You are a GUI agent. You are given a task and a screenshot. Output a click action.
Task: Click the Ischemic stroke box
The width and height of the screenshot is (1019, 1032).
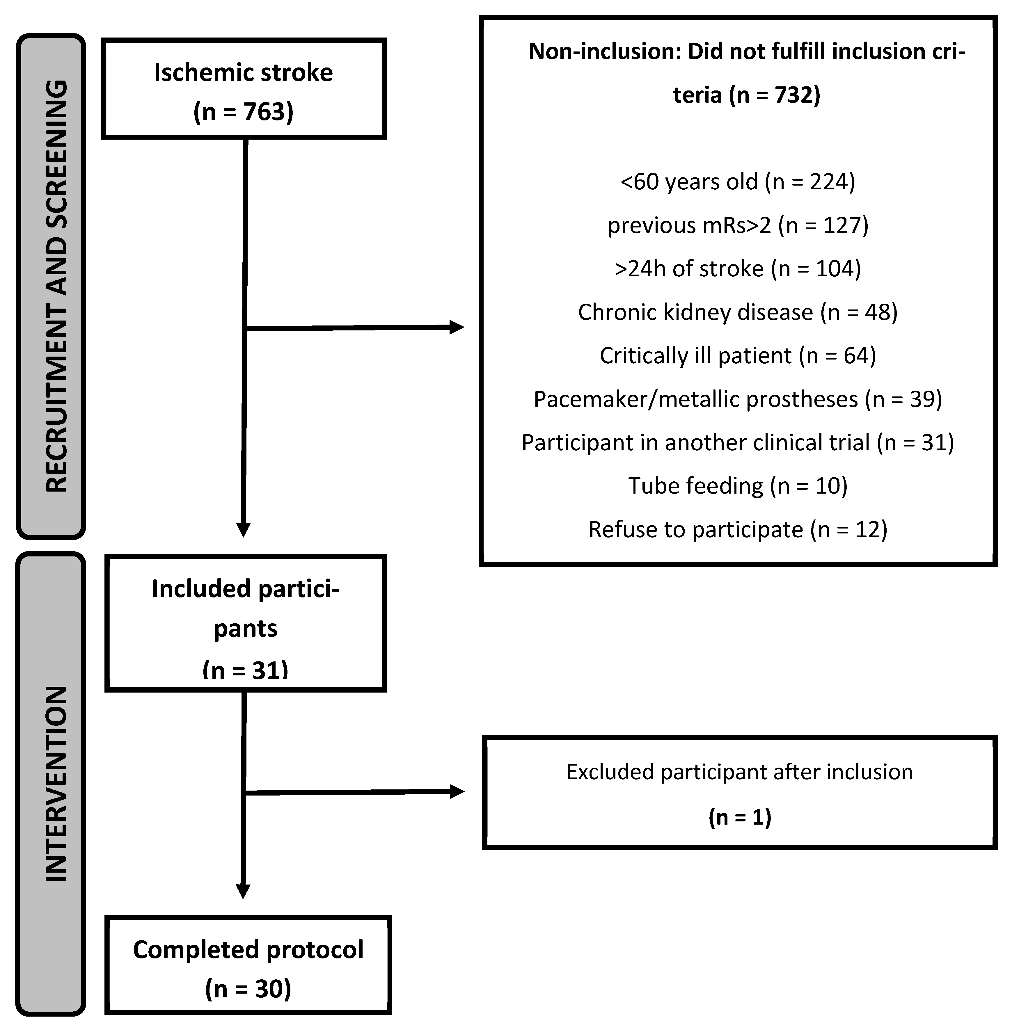243,89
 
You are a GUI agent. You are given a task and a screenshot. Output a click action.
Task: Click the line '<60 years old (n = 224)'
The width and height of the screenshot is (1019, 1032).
737,182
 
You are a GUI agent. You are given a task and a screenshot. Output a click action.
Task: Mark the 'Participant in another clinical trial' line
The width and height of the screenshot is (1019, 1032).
737,443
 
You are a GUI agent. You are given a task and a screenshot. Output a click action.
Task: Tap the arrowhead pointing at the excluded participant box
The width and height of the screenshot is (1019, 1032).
457,792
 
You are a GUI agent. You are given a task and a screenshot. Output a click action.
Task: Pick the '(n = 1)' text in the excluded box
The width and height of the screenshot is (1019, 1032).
740,818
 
